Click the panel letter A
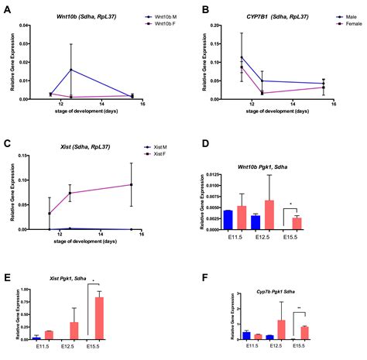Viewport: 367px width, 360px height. (x=6, y=10)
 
